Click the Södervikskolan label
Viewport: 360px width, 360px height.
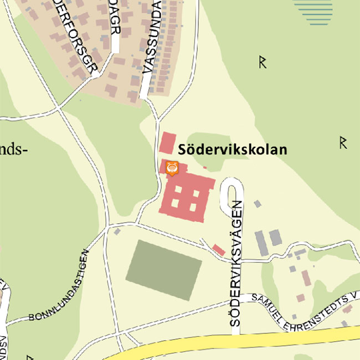[233, 150]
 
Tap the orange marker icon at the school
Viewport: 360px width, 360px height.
[172, 168]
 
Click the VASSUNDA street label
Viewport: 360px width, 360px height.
[152, 39]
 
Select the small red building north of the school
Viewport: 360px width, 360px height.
[167, 143]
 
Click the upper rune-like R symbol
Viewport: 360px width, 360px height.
[263, 63]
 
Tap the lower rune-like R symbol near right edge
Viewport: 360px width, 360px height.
[343, 143]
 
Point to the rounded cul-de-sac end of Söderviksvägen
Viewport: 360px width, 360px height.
[232, 188]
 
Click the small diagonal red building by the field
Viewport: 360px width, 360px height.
[219, 250]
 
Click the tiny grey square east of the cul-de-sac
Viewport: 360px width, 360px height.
[257, 204]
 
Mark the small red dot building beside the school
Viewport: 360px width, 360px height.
[205, 167]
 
